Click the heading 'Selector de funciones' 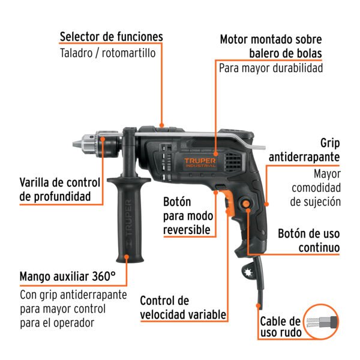tap(111, 37)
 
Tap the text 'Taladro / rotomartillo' tap(107, 53)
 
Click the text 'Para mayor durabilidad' tap(271, 68)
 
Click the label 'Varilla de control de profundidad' tap(55, 189)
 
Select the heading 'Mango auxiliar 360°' tap(67, 277)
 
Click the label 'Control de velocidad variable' tap(182, 307)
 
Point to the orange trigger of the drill tap(229, 207)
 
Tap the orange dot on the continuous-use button tap(247, 205)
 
